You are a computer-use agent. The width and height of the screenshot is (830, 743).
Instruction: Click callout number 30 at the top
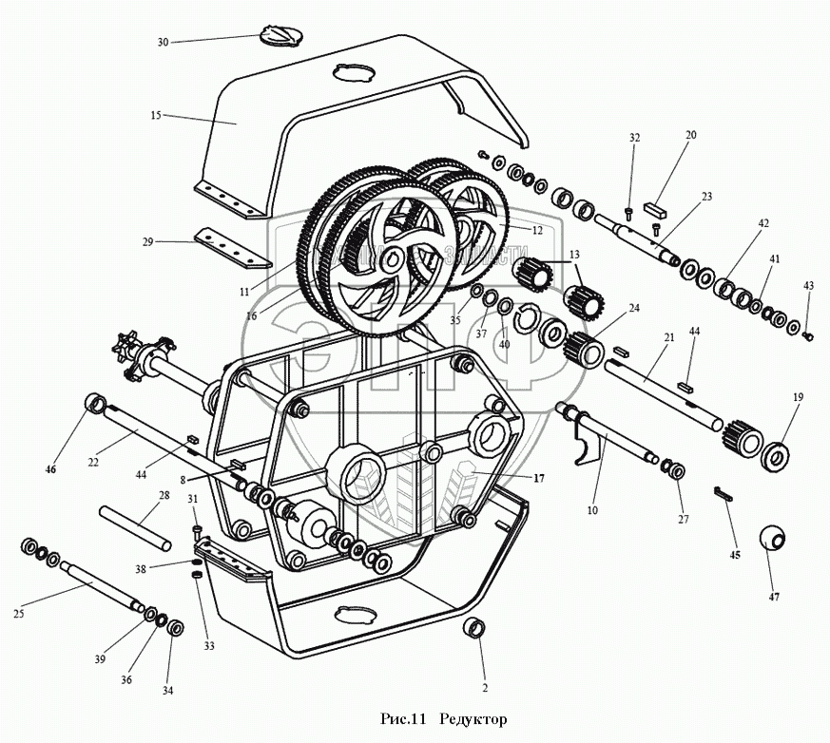163,43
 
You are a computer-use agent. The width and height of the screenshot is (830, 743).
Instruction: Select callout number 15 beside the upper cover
156,115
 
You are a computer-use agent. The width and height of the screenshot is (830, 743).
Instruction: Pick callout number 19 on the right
798,396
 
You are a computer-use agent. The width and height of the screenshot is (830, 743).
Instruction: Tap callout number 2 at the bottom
484,687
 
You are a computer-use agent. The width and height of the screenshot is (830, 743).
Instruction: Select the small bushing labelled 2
474,628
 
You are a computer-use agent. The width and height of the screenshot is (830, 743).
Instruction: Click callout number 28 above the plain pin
164,495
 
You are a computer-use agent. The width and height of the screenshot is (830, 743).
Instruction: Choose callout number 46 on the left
50,469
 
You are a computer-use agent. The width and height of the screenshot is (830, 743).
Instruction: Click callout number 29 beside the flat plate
148,243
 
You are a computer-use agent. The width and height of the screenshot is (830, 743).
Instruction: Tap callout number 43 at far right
808,285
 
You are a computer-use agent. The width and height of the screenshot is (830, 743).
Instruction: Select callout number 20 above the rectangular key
690,135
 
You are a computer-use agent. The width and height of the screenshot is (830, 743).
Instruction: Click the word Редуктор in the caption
473,718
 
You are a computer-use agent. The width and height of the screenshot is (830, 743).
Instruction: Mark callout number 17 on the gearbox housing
538,479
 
